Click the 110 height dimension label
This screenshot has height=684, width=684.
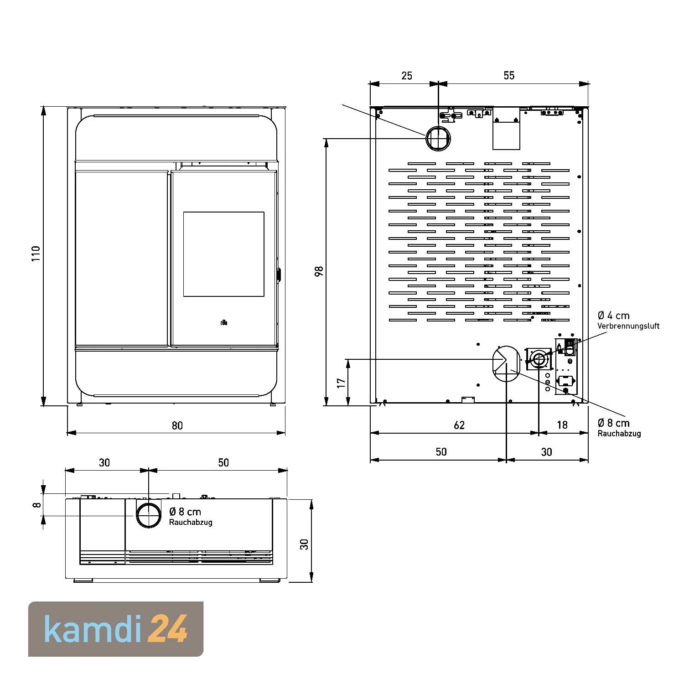(36, 254)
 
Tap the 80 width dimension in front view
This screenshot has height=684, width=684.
(177, 425)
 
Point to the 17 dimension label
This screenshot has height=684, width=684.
(342, 383)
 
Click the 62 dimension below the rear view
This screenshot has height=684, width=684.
(459, 425)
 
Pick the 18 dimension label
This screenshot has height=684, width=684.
(562, 425)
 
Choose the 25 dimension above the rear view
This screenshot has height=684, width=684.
(407, 76)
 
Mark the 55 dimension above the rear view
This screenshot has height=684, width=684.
(509, 76)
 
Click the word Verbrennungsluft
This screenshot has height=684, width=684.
(628, 326)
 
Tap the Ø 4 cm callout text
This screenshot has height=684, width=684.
(613, 315)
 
